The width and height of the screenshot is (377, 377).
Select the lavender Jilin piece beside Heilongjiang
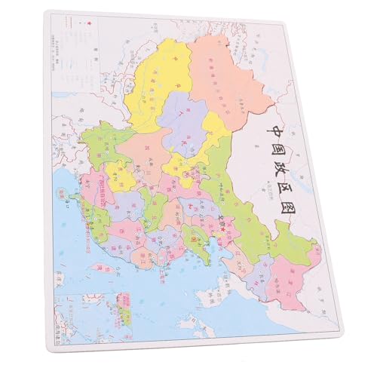click(260, 268)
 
